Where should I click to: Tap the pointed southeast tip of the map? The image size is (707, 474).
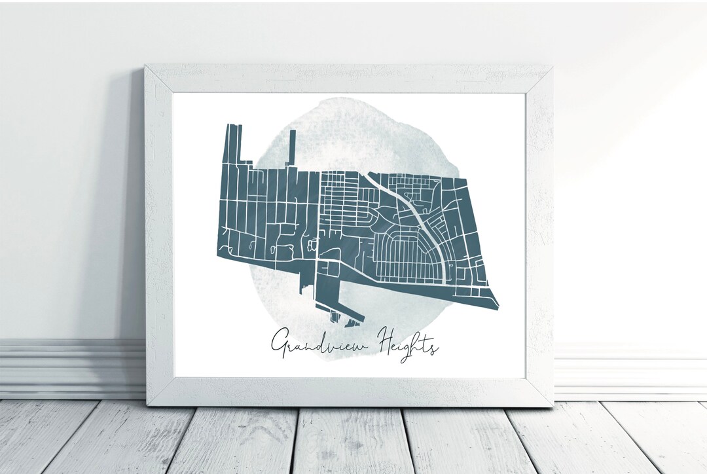pos(498,304)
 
